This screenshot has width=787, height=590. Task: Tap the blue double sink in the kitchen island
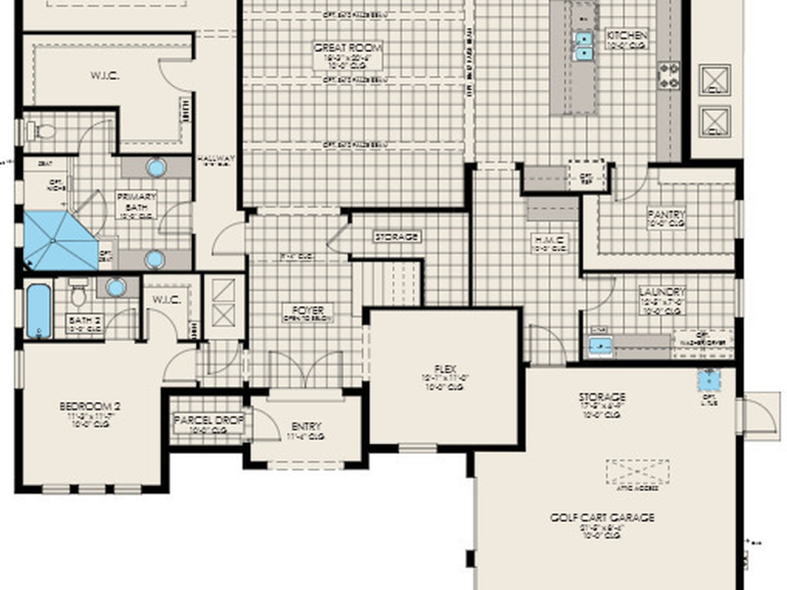pos(584,45)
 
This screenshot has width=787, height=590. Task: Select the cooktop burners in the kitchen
pos(667,75)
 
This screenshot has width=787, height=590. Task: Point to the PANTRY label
pos(666,215)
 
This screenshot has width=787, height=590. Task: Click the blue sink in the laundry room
pos(600,346)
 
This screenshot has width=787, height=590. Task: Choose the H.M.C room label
pos(550,241)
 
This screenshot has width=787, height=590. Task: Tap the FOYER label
pos(307,310)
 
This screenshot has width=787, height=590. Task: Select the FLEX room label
pos(443,370)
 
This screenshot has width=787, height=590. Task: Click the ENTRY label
pos(306,427)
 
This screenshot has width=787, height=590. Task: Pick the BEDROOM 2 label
pos(90,406)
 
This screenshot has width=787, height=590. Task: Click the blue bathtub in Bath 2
pos(38,311)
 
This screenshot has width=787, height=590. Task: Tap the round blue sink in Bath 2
pos(116,287)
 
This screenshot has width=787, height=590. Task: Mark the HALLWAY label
pos(214,159)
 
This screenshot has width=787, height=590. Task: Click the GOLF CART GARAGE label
pos(602,518)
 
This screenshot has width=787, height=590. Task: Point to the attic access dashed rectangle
pos(637,472)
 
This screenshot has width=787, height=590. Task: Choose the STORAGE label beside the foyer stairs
pos(397,237)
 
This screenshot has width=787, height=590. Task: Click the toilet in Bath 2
pos(78,291)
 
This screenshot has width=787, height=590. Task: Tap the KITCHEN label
pos(627,35)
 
